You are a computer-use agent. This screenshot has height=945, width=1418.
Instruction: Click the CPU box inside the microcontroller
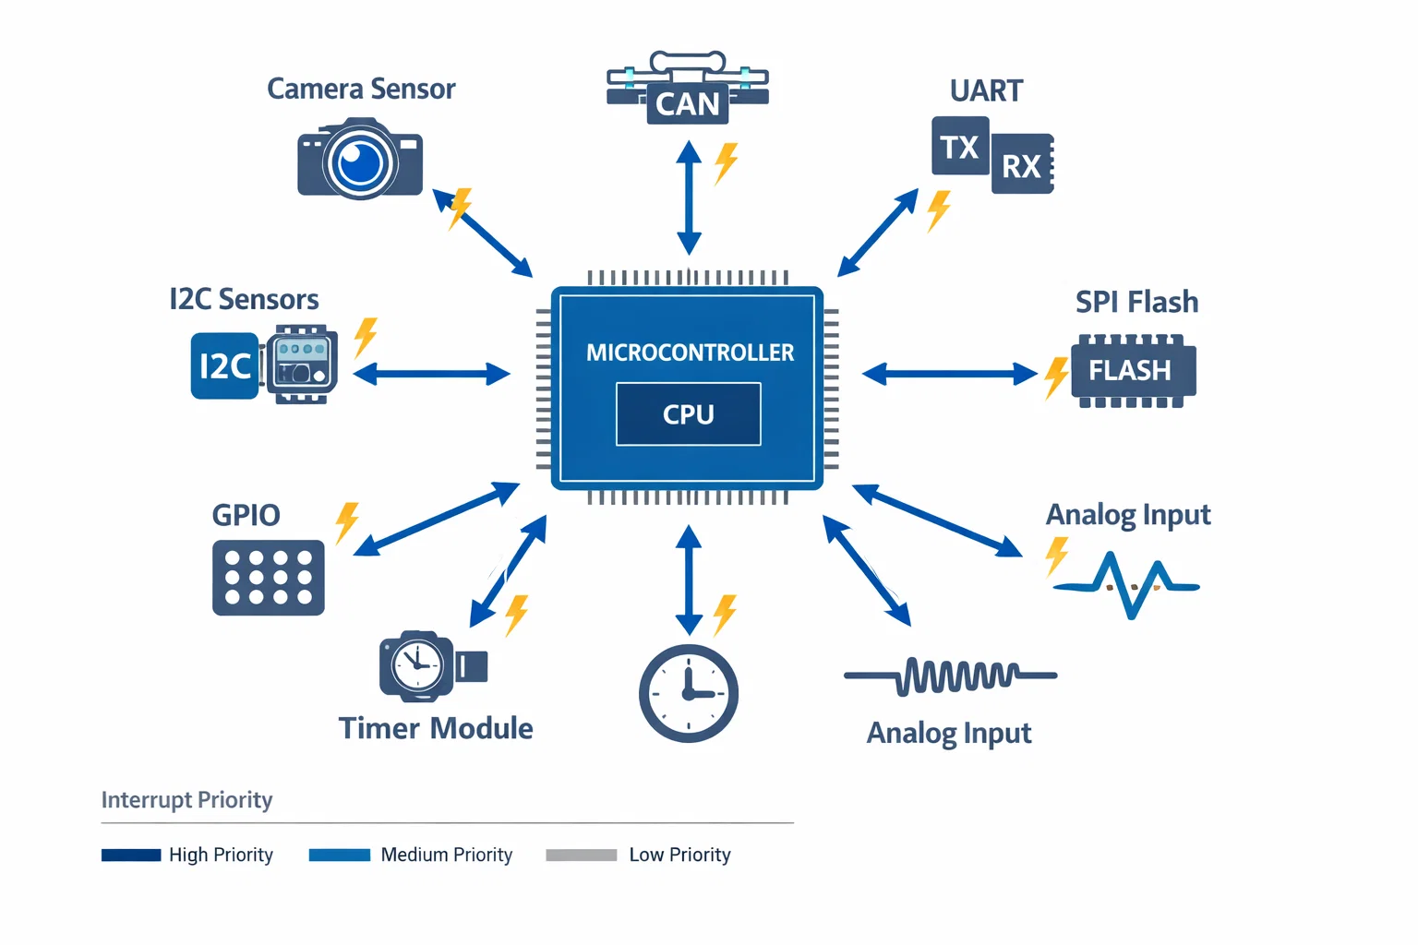pos(689,414)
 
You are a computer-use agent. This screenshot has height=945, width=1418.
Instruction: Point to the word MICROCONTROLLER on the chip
pos(690,353)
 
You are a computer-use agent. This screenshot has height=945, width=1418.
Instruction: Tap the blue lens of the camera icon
pos(360,163)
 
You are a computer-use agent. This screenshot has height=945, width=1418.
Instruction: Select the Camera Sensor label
pos(361,89)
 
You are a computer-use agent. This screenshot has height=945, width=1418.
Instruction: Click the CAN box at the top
pos(688,103)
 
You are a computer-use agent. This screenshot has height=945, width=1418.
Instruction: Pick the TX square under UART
pos(960,146)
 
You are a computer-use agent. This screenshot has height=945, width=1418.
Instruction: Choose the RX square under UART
pos(1021,166)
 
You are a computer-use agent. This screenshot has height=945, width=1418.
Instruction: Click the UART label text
pos(986,90)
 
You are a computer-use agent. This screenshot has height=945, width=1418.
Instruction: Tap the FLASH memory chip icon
pos(1132,371)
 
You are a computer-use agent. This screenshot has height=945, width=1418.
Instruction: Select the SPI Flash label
pos(1136,302)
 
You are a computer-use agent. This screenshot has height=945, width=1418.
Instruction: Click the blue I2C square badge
pos(224,366)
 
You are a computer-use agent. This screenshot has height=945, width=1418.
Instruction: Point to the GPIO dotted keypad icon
pos(269,578)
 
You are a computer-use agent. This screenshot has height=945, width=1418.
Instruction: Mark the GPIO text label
pos(246,515)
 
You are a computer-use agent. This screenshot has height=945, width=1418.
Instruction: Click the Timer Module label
pos(436,728)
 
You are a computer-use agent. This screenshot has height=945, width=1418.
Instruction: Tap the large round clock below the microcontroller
pos(689,693)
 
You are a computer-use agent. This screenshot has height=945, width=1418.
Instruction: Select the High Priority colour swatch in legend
pos(131,855)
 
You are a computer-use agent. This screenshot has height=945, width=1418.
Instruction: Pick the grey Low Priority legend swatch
pos(581,855)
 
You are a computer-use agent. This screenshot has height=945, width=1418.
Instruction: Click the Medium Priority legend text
pos(447,855)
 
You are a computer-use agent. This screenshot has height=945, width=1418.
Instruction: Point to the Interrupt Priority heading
pos(186,799)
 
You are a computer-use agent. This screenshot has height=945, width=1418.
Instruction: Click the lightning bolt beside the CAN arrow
pos(727,162)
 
